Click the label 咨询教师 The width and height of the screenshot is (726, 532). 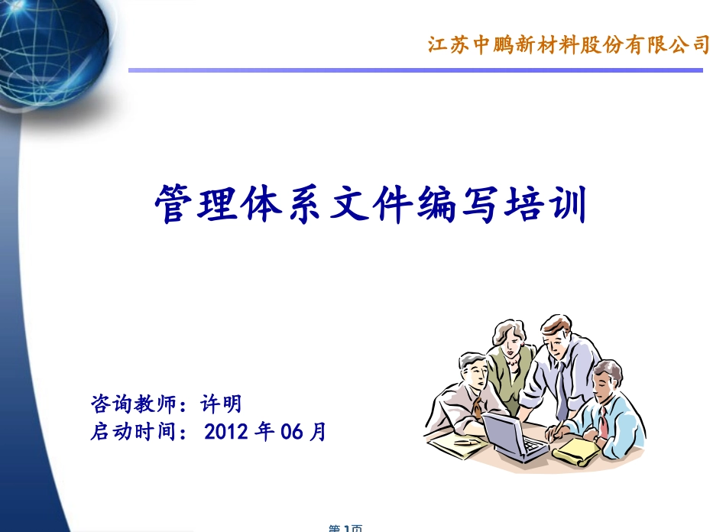pyautogui.click(x=133, y=403)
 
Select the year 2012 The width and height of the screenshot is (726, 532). pyautogui.click(x=228, y=432)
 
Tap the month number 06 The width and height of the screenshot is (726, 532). pyautogui.click(x=293, y=432)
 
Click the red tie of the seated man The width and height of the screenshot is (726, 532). pyautogui.click(x=603, y=420)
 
